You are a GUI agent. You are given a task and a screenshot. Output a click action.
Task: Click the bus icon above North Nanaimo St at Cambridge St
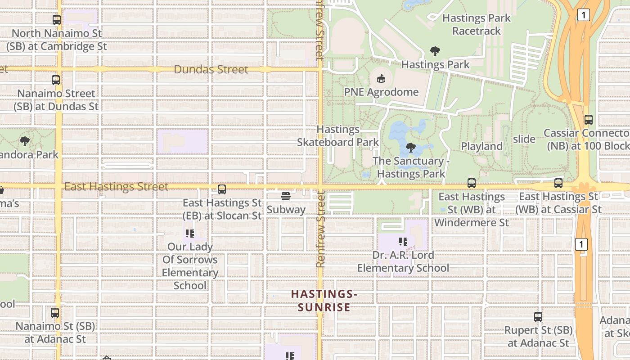[56, 20]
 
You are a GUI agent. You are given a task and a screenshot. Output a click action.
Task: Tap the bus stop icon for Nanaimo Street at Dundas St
[56, 80]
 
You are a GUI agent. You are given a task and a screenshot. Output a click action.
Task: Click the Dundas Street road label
[211, 69]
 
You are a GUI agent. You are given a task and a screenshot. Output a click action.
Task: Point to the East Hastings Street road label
[116, 186]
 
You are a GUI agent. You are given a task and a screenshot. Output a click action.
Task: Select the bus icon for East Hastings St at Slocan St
[222, 189]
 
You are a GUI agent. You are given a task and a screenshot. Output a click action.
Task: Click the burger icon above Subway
[285, 196]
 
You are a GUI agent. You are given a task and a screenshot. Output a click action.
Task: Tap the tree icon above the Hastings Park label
[435, 51]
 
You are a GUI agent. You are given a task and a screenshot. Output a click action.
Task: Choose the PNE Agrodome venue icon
[381, 79]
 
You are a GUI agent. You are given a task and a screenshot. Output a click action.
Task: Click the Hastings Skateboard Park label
[338, 136]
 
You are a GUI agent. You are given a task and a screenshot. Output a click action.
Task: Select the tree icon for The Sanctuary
[410, 147]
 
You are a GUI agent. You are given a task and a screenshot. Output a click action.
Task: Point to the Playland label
[481, 146]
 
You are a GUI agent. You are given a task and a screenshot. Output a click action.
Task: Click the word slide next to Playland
[524, 139]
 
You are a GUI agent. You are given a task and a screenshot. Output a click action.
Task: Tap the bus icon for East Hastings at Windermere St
[471, 183]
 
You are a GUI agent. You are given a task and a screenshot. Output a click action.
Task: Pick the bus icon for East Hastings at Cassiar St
[558, 183]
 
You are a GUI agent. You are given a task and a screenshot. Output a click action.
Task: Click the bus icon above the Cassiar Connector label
[588, 120]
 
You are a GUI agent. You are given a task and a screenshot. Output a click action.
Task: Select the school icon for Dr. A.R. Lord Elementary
[403, 242]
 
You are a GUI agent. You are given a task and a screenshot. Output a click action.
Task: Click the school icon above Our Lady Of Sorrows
[190, 234]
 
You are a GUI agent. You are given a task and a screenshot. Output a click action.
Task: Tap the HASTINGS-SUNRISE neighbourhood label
[324, 301]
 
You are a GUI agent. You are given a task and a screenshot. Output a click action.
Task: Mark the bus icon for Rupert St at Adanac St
[538, 317]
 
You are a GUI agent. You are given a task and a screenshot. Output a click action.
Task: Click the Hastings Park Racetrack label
[477, 24]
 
